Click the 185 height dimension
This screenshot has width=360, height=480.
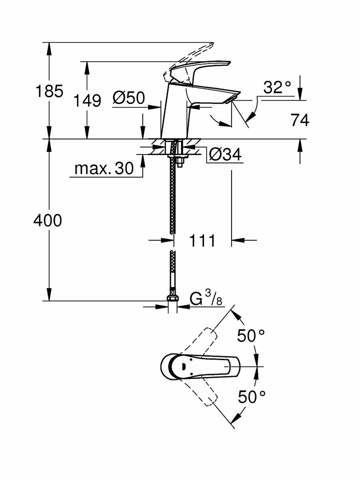point(49,91)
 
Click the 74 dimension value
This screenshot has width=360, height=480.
point(300,120)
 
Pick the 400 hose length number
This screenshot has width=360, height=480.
point(48,220)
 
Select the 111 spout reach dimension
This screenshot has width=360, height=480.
point(202,240)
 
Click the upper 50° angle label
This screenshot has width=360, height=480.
point(252,336)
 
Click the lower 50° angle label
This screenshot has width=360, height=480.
point(252,397)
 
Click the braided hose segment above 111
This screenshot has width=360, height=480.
point(173,200)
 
